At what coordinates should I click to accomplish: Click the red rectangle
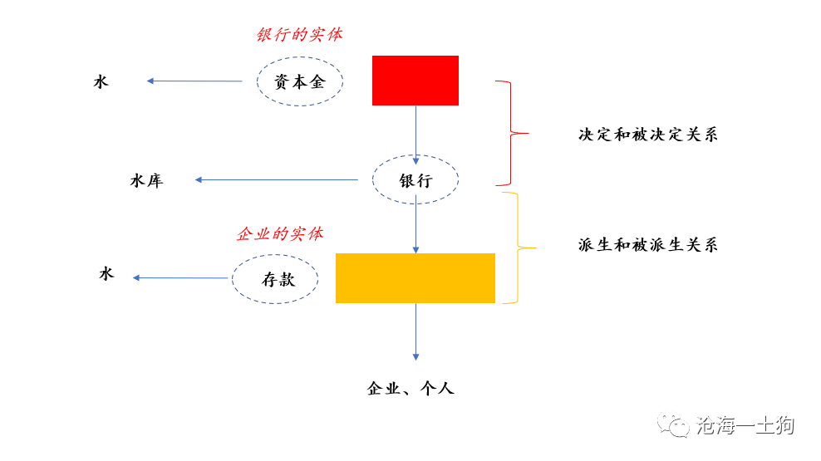(415, 81)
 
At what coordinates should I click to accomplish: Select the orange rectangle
(415, 277)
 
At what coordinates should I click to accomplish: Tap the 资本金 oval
(300, 81)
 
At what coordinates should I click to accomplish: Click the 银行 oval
(415, 180)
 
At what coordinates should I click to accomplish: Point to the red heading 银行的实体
(298, 35)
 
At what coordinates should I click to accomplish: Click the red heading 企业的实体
(279, 233)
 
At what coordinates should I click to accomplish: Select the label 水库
(146, 180)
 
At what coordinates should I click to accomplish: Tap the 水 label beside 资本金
(101, 81)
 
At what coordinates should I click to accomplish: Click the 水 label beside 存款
(106, 274)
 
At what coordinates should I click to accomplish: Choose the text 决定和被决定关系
(647, 135)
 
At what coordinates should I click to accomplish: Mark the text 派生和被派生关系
(647, 244)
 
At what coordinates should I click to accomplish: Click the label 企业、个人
(410, 388)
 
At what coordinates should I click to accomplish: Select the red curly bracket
(509, 133)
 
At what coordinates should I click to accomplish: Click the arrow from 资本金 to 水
(194, 81)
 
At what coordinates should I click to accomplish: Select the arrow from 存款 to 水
(180, 277)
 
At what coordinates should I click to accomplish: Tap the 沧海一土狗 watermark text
(745, 426)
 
